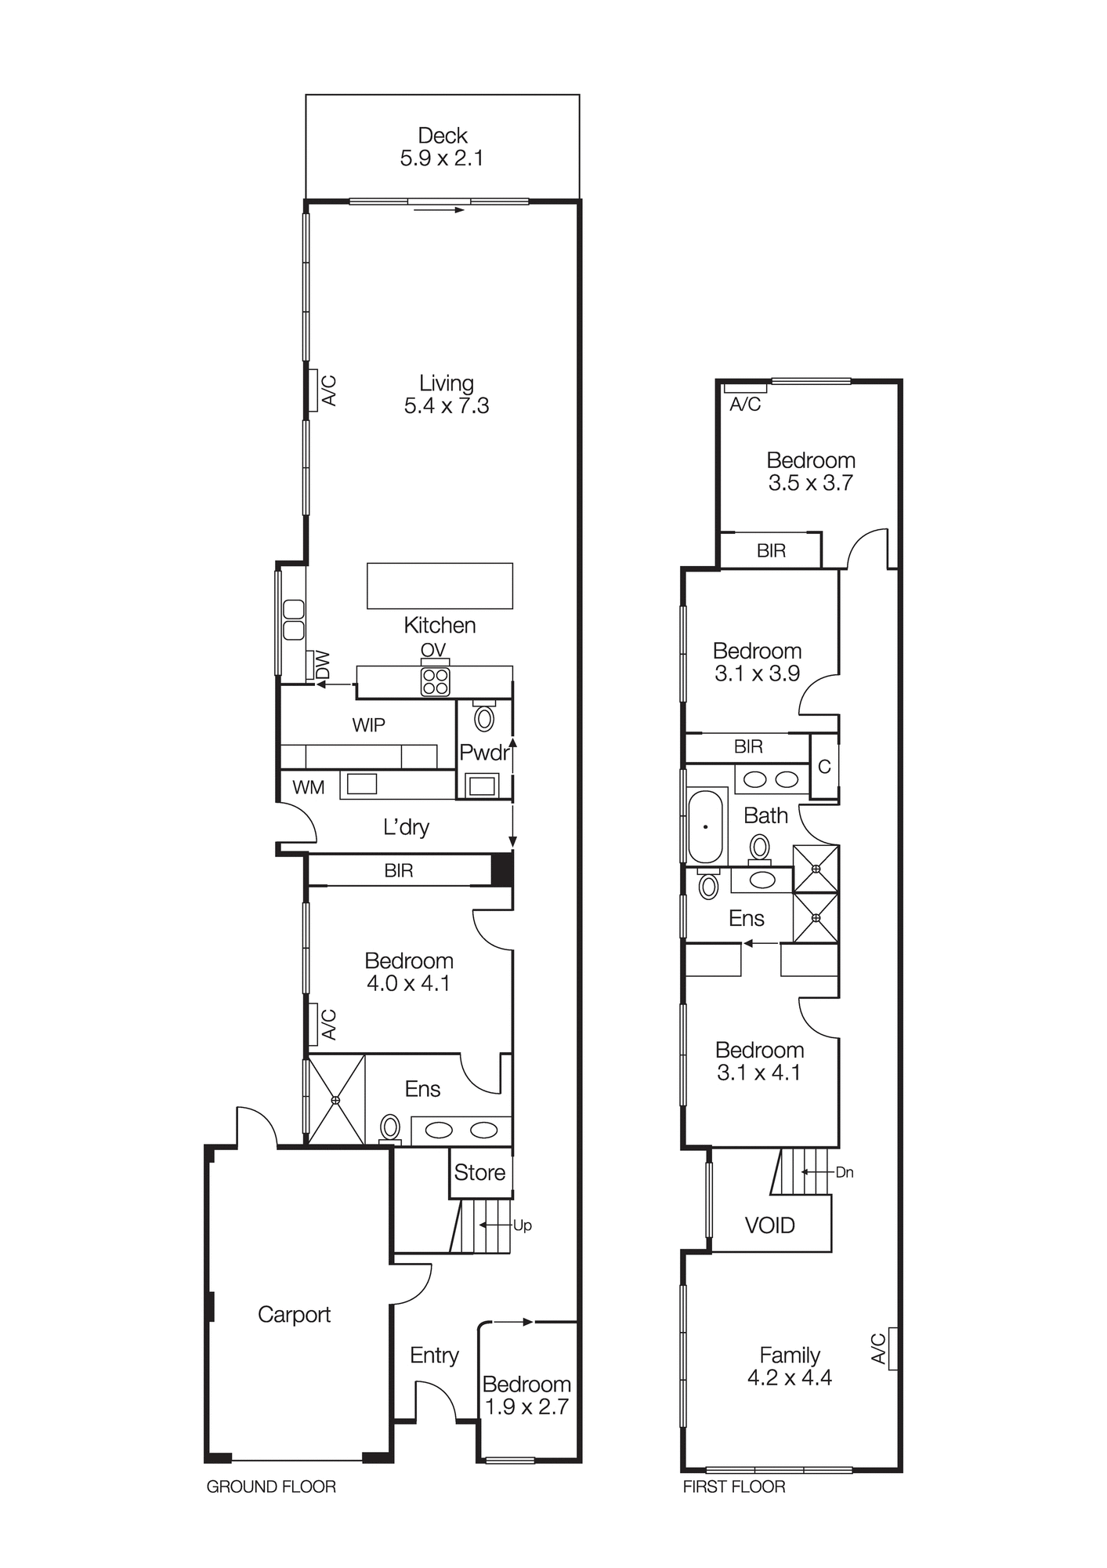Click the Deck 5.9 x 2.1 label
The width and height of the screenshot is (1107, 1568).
[x=442, y=147]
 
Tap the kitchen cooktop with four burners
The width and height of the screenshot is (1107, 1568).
[x=435, y=682]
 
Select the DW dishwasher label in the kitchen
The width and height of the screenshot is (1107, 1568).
[x=322, y=666]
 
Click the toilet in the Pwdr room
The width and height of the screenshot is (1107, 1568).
[x=484, y=717]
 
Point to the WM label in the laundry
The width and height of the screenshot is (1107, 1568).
[x=308, y=787]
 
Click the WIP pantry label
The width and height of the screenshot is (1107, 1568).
[x=368, y=724]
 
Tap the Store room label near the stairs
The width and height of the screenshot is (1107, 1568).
[x=479, y=1172]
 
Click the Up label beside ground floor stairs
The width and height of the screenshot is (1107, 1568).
[x=523, y=1225]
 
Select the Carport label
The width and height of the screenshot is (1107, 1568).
[x=294, y=1314]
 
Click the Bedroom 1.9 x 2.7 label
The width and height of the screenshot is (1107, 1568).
[x=526, y=1395]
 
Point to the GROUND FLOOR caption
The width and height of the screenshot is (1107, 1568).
[x=271, y=1486]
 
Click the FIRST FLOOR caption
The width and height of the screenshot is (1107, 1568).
[x=733, y=1486]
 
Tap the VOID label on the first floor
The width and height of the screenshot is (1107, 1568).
[x=769, y=1225]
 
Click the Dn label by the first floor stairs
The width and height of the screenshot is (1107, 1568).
[x=845, y=1172]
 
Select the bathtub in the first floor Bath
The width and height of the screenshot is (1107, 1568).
[x=706, y=826]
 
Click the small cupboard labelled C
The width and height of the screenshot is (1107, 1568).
[x=824, y=766]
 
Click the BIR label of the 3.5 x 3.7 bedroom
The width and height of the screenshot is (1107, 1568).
[x=771, y=550]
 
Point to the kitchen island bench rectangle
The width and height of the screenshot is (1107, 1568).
[x=440, y=585]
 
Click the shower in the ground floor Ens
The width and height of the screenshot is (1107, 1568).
[x=335, y=1100]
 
